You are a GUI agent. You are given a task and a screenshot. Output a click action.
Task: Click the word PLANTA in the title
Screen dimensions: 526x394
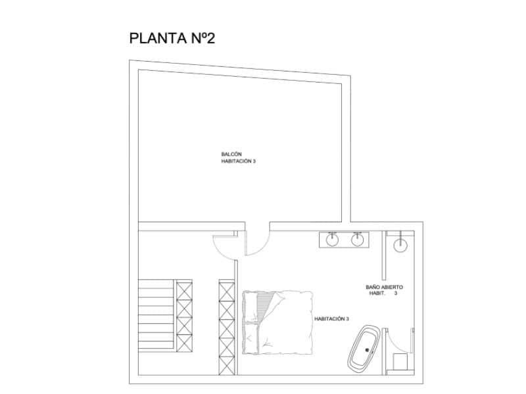[x=158, y=38]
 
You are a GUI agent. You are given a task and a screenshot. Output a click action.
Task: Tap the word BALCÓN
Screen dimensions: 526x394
[x=231, y=154]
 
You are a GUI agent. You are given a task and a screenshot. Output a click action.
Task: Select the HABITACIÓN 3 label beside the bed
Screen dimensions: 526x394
[x=331, y=319]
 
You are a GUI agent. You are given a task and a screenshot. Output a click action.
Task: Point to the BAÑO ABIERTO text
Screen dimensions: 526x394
[x=385, y=287]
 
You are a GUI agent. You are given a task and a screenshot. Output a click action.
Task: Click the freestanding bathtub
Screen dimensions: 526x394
[x=364, y=348]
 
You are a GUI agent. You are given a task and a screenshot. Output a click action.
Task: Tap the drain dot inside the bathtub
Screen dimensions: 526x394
[x=367, y=350]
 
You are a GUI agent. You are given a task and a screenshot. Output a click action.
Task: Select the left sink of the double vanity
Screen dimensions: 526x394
[x=332, y=240]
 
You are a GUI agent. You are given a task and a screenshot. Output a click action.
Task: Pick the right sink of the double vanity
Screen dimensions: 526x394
[x=357, y=240]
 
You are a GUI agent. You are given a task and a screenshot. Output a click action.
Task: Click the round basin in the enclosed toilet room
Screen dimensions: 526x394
[x=400, y=245]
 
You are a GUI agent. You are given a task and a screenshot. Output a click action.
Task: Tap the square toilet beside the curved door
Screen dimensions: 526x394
[x=400, y=361]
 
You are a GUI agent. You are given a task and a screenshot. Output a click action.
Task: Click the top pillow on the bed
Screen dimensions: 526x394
[x=251, y=307]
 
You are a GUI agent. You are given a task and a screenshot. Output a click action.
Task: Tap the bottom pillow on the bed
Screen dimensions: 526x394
[x=251, y=338]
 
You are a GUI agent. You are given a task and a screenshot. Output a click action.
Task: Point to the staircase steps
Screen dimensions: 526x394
[x=157, y=315]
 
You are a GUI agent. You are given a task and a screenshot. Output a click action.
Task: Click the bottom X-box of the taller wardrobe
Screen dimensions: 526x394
[x=227, y=366]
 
